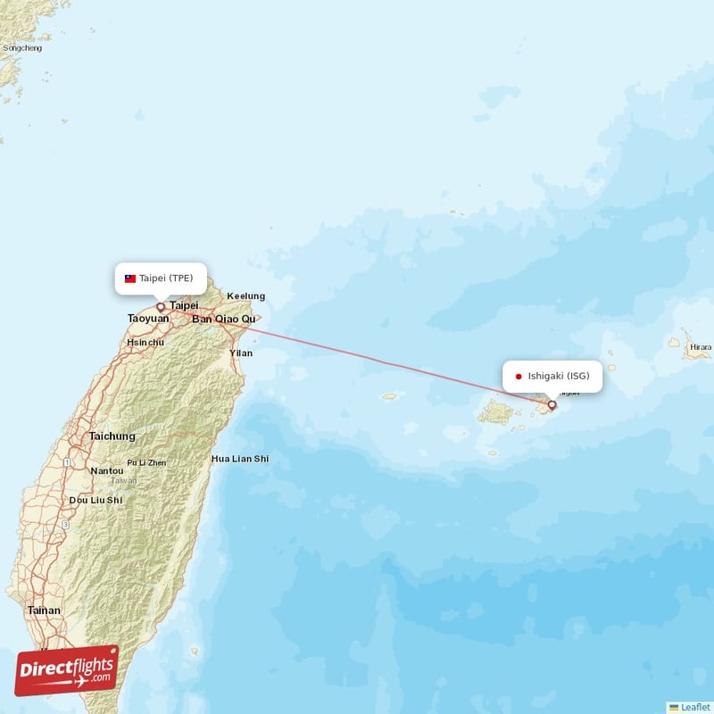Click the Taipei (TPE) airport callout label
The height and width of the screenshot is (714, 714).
161,278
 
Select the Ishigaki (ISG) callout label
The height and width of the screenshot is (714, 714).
553,376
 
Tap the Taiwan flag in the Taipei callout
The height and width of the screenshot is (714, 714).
130,278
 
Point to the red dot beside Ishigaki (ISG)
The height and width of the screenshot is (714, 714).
519,377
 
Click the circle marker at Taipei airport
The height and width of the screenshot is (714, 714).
161,306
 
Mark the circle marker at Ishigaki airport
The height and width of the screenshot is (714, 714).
552,404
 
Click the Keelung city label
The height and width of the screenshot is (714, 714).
245,296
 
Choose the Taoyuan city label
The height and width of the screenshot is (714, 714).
148,319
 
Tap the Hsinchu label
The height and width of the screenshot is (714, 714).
145,342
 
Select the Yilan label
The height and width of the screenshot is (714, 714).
241,353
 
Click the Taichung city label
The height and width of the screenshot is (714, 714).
112,436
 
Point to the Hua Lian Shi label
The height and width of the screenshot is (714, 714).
240,459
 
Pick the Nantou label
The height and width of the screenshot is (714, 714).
107,470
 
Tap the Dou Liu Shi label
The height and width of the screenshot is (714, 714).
96,501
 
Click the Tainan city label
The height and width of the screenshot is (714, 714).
44,610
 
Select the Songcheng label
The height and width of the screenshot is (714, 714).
22,47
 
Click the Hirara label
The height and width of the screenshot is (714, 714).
701,347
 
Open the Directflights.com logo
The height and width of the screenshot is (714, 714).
67,670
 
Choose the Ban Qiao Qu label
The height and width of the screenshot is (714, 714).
224,319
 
